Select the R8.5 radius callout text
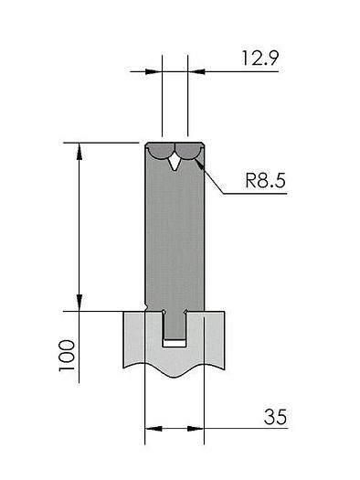click(266, 181)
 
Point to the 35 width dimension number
click(275, 417)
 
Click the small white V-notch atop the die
click(175, 163)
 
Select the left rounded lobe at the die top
click(162, 151)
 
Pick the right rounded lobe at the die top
click(188, 151)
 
